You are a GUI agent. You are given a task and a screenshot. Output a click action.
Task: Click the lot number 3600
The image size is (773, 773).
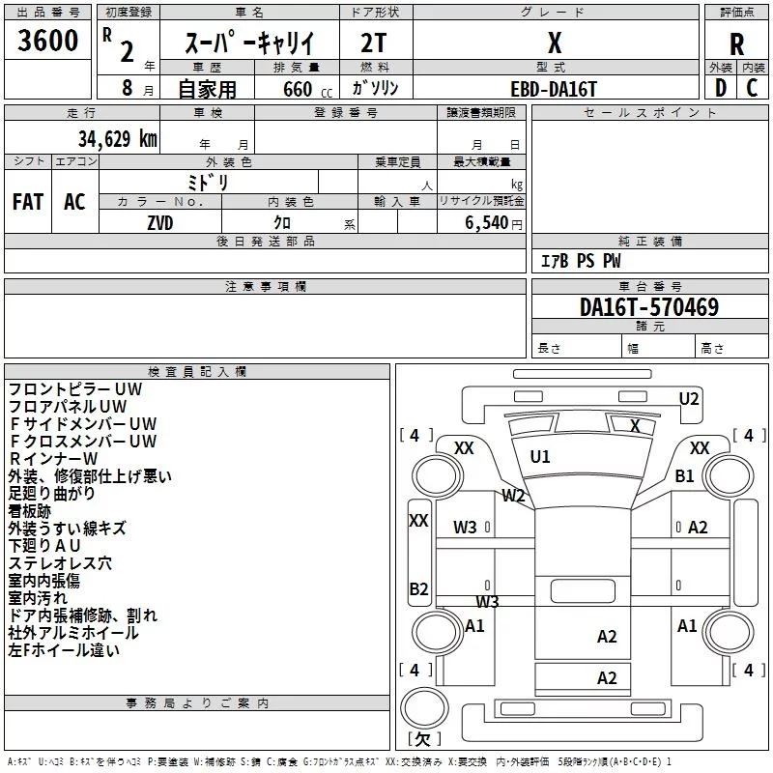pyautogui.click(x=48, y=41)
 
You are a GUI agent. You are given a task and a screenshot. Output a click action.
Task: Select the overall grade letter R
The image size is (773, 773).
pyautogui.click(x=737, y=43)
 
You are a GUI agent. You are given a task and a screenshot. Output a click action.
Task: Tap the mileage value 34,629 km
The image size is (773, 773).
pyautogui.click(x=117, y=138)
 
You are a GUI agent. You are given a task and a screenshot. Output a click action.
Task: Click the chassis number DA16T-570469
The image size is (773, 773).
pyautogui.click(x=649, y=307)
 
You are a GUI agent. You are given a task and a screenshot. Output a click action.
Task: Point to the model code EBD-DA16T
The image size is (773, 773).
pyautogui.click(x=555, y=88)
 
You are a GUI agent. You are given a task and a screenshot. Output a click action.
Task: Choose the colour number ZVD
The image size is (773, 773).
pyautogui.click(x=160, y=221)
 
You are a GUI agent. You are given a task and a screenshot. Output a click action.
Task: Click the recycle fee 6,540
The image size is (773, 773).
pyautogui.click(x=486, y=222)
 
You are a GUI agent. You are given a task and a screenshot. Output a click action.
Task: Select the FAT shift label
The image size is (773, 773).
pyautogui.click(x=28, y=202)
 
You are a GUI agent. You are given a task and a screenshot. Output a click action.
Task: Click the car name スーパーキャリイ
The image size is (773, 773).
pyautogui.click(x=249, y=43)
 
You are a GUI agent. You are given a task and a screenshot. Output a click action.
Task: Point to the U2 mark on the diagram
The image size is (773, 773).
pyautogui.click(x=689, y=399)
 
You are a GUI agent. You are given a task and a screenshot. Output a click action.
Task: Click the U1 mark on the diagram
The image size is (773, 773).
pyautogui.click(x=540, y=456)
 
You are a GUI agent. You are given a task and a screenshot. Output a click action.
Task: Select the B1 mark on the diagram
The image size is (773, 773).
pyautogui.click(x=685, y=475)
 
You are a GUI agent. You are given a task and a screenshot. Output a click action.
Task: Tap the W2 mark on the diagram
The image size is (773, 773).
pyautogui.click(x=513, y=496)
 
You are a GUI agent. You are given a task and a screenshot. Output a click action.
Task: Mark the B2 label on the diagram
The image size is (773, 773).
pyautogui.click(x=418, y=588)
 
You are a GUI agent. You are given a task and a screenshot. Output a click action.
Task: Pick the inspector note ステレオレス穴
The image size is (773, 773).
pyautogui.click(x=59, y=563)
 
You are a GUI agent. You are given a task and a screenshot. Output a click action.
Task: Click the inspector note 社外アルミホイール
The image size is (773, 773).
pyautogui.click(x=73, y=633)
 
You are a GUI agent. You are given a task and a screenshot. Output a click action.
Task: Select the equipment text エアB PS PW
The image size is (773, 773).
pyautogui.click(x=580, y=261)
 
